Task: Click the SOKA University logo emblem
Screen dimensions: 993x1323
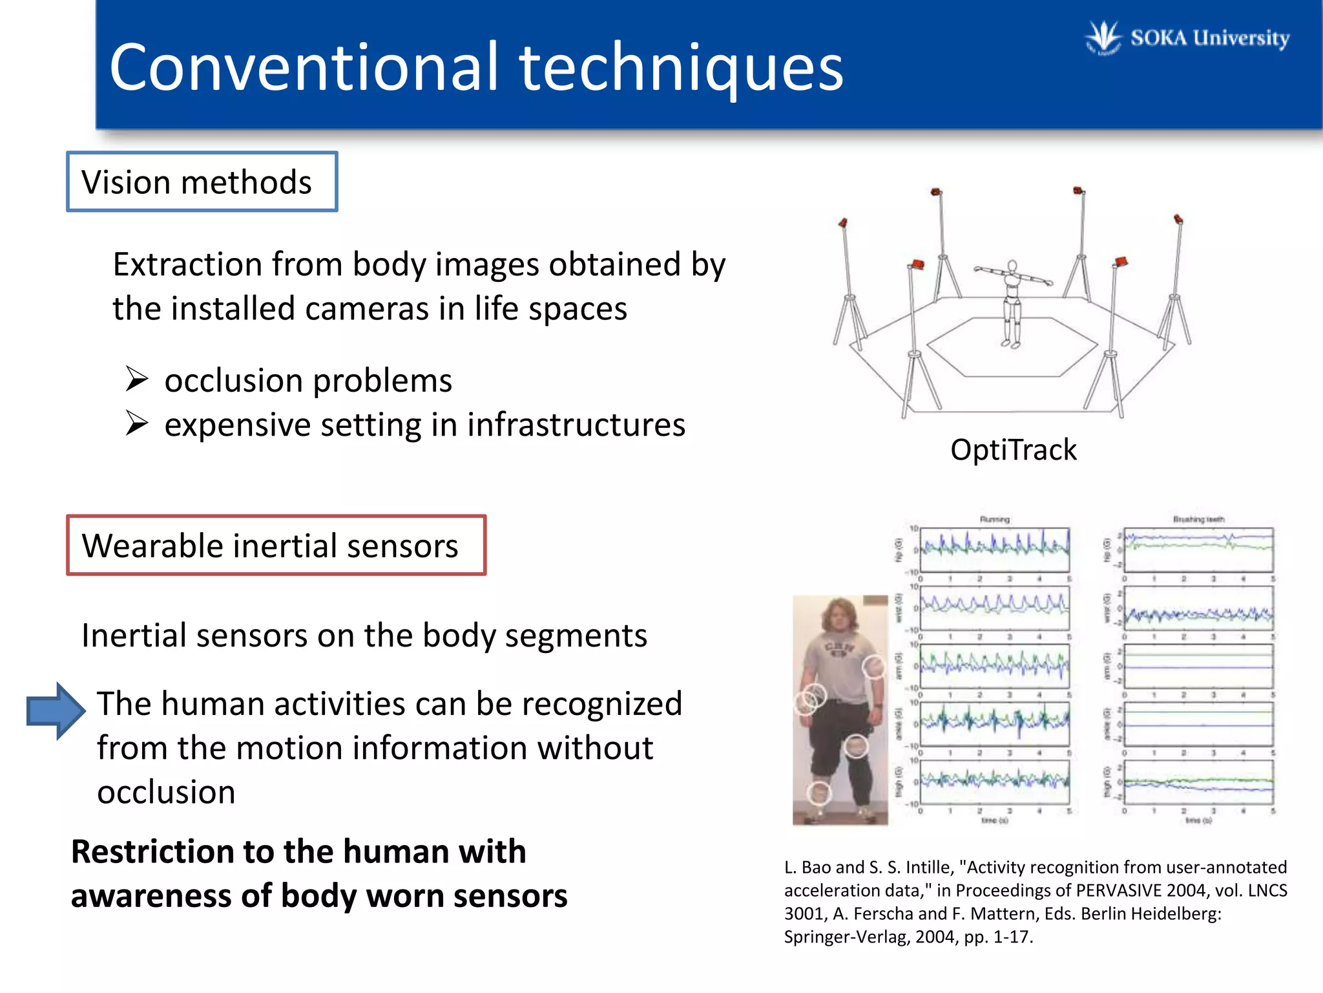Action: coord(1103,38)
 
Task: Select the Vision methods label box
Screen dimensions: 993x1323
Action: coord(202,182)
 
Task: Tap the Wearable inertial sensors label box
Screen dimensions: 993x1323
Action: coord(276,546)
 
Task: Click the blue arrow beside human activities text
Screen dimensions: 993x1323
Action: coord(56,710)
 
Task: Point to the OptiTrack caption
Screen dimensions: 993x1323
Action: coord(1013,450)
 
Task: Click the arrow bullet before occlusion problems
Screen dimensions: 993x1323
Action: coord(137,379)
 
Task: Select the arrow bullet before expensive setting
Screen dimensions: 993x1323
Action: coord(137,424)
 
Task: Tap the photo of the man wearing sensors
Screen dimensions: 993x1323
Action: coord(840,710)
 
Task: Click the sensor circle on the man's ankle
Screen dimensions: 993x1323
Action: coord(819,791)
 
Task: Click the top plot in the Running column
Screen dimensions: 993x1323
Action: coord(994,550)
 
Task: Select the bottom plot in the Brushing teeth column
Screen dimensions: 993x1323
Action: coord(1198,782)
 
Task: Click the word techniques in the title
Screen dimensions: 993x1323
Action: coord(681,67)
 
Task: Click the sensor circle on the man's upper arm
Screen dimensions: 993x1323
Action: coord(873,667)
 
